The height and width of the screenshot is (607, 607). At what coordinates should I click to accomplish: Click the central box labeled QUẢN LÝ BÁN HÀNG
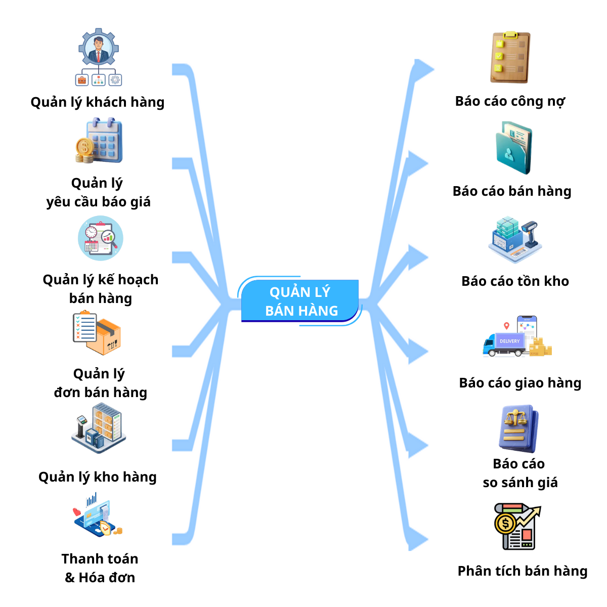(300, 301)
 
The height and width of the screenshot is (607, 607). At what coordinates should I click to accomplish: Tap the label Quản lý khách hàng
(98, 102)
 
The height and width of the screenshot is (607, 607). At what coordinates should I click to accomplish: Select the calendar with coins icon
(99, 141)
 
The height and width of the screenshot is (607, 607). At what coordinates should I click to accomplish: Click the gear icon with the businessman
(99, 49)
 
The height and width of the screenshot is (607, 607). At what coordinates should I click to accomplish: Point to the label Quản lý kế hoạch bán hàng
(100, 289)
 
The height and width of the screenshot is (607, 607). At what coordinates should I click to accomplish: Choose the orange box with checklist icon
(97, 333)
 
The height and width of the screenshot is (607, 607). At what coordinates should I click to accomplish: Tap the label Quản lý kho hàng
(98, 477)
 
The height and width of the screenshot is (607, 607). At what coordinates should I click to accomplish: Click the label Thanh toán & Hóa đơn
(100, 568)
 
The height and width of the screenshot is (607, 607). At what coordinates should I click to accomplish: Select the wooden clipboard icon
(510, 57)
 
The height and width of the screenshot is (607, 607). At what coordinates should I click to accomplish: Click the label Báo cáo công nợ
(510, 101)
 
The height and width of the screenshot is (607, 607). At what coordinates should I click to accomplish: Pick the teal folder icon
(513, 148)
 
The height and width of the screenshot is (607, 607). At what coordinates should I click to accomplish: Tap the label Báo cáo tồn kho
(515, 281)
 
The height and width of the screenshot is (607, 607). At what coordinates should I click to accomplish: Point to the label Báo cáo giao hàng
(520, 383)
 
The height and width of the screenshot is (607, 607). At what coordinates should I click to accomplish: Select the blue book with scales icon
(518, 428)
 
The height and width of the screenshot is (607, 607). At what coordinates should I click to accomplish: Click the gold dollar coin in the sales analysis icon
(505, 524)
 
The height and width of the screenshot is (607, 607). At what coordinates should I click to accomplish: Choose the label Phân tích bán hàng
(523, 571)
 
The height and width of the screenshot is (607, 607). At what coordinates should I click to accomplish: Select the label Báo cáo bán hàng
(512, 191)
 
